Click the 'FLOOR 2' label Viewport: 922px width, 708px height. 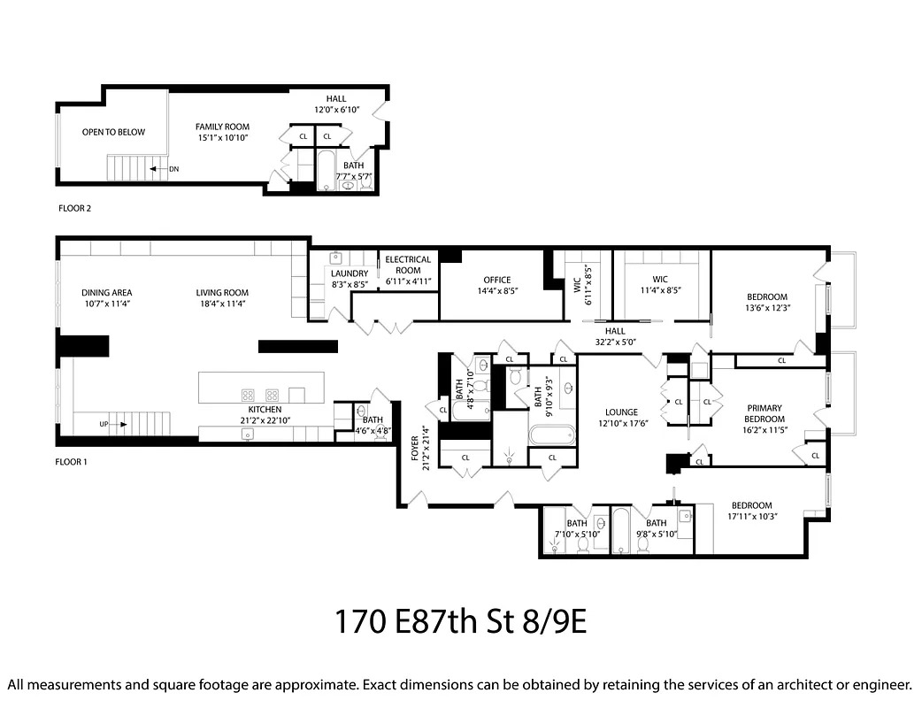tap(73, 209)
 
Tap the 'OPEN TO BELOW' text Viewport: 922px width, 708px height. tap(113, 132)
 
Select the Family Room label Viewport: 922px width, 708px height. tap(222, 127)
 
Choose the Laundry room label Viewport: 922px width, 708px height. tap(350, 273)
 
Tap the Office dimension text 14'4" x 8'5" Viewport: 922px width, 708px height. tap(496, 290)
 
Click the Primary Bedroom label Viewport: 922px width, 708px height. tap(763, 414)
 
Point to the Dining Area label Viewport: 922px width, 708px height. tap(106, 293)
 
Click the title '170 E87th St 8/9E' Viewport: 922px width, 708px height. tap(460, 622)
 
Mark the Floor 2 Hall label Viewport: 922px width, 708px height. tap(336, 98)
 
